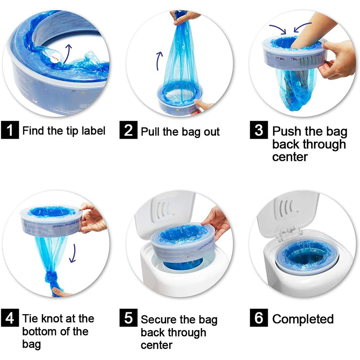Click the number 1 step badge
[10, 131]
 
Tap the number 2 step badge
[128, 131]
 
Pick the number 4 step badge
[10, 319]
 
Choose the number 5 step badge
[128, 319]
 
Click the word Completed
[303, 319]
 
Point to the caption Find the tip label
[63, 131]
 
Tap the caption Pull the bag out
[180, 131]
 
